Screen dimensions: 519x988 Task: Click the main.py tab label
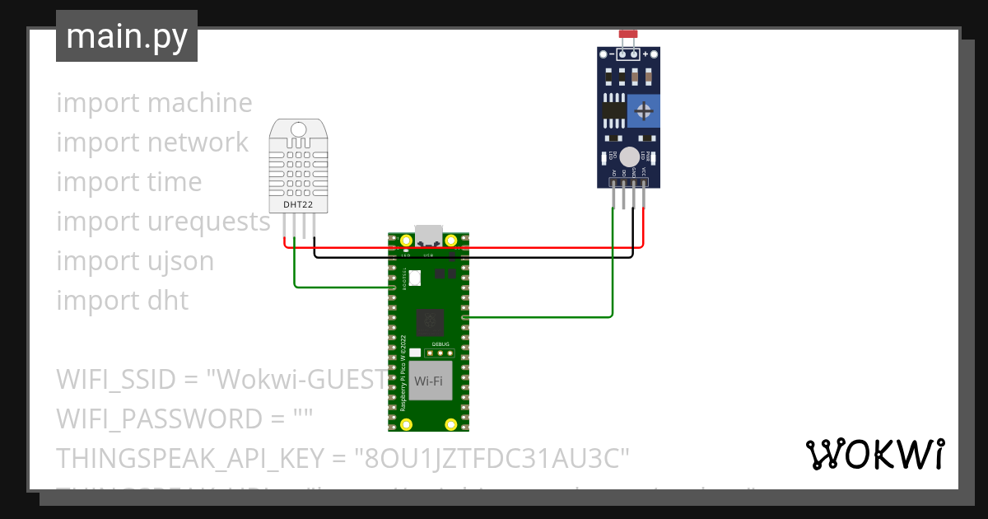pos(126,36)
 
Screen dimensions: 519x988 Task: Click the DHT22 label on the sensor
pos(298,203)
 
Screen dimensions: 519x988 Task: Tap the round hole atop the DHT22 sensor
pos(298,129)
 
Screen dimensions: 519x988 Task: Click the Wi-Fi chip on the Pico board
pos(432,381)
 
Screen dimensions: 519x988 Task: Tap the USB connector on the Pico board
pos(429,235)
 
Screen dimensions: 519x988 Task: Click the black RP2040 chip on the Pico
pos(429,321)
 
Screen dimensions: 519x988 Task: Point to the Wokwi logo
pos(874,454)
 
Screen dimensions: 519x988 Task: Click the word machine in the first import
pos(200,103)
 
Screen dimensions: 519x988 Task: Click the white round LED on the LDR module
pos(629,157)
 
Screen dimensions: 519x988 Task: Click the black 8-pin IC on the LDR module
pos(612,110)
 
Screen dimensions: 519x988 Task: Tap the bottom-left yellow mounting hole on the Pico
pos(407,424)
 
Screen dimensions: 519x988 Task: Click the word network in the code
pos(198,143)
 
